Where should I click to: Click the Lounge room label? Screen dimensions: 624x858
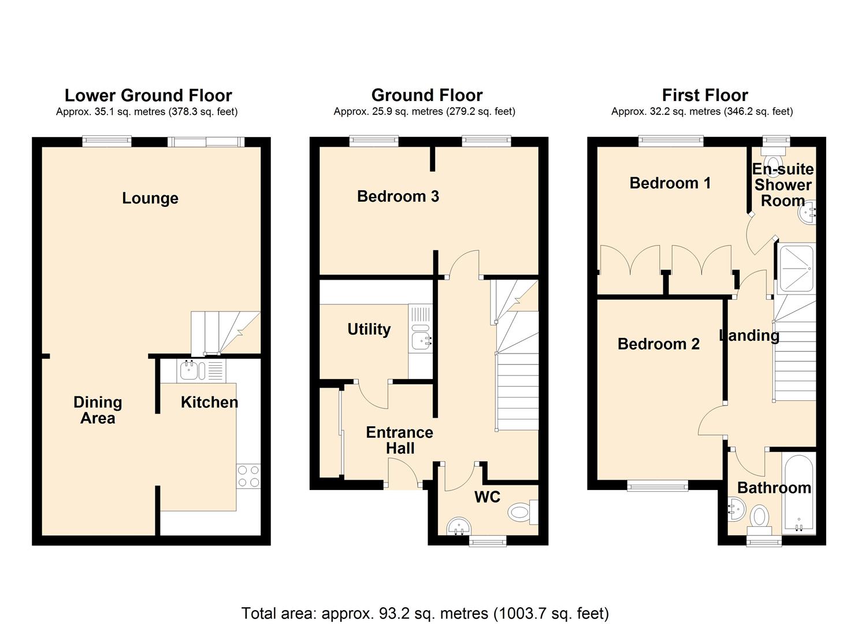(x=150, y=198)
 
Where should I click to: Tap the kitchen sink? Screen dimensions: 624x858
(x=193, y=370)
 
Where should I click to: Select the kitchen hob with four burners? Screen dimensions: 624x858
(x=248, y=476)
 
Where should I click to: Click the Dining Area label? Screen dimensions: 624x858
(x=98, y=410)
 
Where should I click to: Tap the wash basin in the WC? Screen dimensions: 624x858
(x=460, y=526)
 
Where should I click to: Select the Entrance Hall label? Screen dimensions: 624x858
(x=399, y=440)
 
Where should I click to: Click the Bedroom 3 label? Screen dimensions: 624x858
(x=398, y=196)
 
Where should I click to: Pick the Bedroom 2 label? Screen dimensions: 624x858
(x=658, y=344)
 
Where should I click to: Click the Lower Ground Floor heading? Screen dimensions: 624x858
(x=148, y=95)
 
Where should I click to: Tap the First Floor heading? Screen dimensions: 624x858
(x=704, y=95)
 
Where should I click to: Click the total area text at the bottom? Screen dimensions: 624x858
(x=425, y=613)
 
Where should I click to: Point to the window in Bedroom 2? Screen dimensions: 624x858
(x=658, y=486)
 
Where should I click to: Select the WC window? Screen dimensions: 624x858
(x=488, y=541)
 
